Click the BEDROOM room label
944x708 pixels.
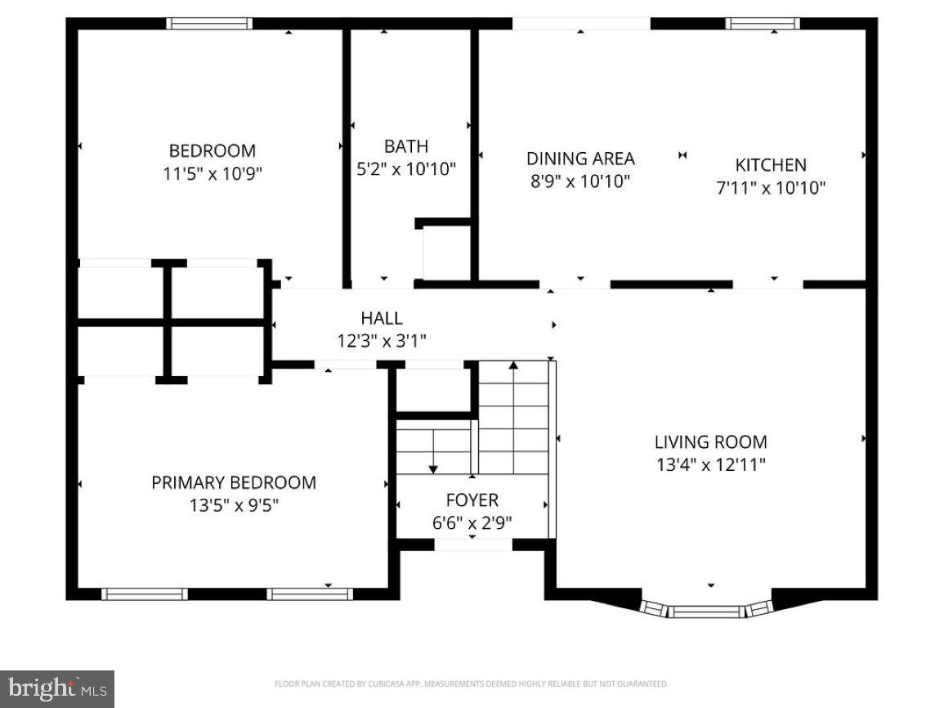point(212,150)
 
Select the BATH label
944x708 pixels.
point(406,146)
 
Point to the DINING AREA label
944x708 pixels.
point(580,159)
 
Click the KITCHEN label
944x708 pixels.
point(771,165)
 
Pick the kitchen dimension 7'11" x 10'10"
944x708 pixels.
point(771,188)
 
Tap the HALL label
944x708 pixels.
point(382,318)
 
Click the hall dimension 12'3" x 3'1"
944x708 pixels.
point(382,340)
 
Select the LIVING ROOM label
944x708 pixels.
point(710,442)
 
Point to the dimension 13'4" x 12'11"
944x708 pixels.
point(710,465)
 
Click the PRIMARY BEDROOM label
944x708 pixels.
point(234,482)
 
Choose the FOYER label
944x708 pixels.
point(472,500)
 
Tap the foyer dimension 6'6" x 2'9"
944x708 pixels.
point(472,522)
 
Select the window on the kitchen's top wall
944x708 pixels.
point(763,24)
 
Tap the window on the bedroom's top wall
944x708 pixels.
point(209,24)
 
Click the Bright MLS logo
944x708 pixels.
point(57,689)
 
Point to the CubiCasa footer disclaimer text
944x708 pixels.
point(472,683)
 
